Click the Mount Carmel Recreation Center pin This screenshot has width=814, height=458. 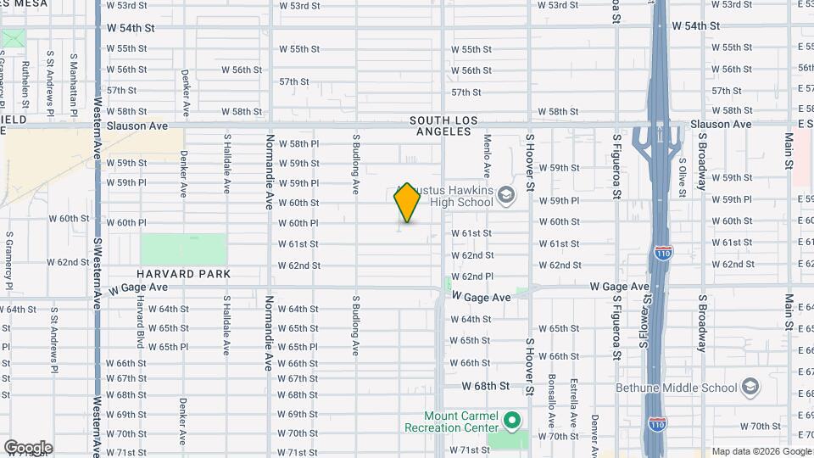[511, 420]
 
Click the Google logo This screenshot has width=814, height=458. [28, 448]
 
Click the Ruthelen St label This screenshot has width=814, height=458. [26, 86]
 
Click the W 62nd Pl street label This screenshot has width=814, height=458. [471, 276]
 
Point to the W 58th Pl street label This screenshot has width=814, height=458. [298, 144]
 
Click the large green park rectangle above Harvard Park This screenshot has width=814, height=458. [183, 249]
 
